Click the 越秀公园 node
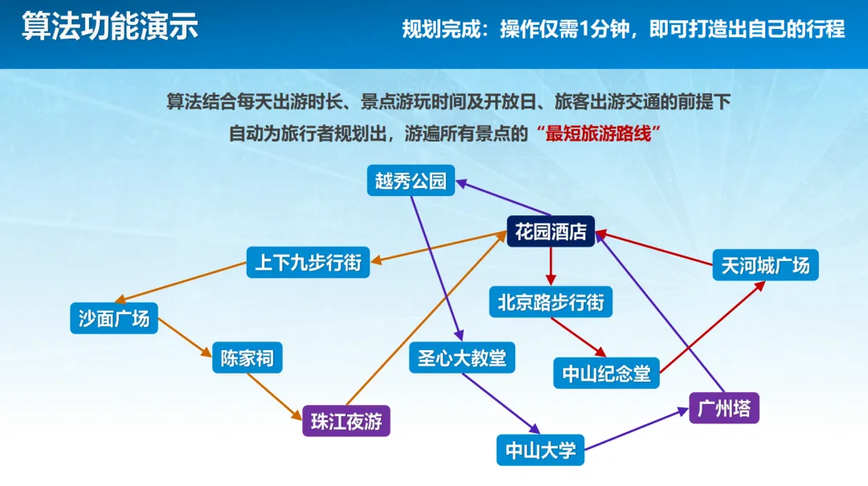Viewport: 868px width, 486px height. (410, 181)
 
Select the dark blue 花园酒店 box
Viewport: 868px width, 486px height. (551, 233)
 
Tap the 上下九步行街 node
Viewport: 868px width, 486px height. (308, 262)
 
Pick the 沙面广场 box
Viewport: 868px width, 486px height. (113, 318)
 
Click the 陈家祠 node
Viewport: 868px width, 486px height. (248, 358)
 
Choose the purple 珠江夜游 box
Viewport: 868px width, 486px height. (346, 420)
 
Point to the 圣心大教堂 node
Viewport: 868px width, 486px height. (461, 357)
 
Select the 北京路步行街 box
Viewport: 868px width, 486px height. (551, 303)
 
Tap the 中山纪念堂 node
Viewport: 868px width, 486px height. (606, 373)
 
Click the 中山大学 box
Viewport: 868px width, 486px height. (540, 449)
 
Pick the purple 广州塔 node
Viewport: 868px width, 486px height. (723, 407)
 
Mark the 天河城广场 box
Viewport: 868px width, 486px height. (765, 264)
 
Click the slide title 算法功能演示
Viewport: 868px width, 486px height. (109, 27)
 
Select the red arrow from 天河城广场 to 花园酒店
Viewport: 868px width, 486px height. (655, 248)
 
